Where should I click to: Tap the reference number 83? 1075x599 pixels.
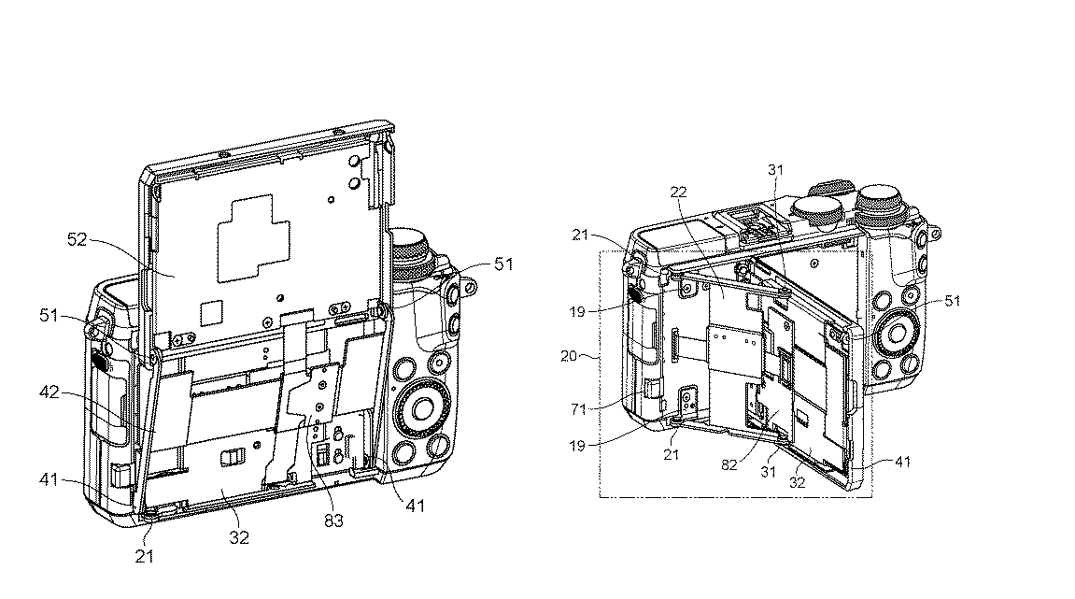[x=332, y=520]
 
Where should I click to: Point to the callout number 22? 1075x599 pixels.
[x=678, y=192]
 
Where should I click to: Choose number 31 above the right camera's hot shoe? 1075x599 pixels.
[x=775, y=169]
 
